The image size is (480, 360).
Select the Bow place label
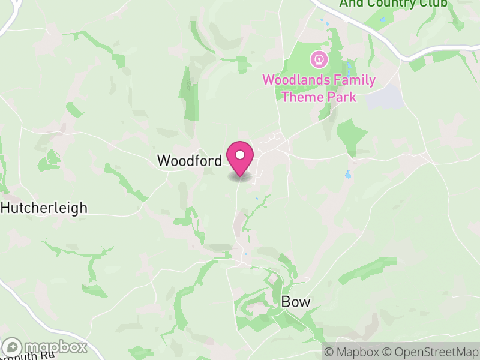tap(296, 301)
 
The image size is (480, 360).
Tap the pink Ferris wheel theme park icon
tap(319, 59)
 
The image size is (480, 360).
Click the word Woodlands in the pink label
tap(291, 80)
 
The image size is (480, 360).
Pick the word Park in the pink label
tap(342, 97)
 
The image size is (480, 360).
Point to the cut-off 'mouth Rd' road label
tap(30, 355)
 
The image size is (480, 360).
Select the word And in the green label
tap(351, 3)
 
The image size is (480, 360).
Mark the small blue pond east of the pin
tap(347, 175)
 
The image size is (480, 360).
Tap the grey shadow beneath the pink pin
tap(240, 176)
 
